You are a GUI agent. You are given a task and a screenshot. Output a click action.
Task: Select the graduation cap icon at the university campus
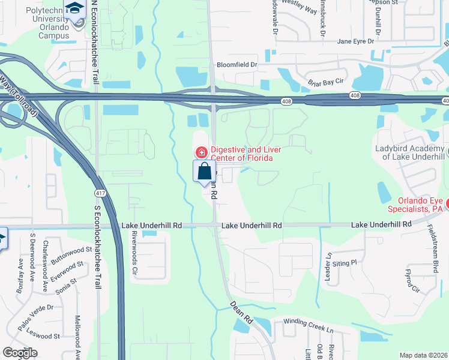(x=75, y=8)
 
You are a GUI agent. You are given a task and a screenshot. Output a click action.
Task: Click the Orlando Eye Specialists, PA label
(x=420, y=205)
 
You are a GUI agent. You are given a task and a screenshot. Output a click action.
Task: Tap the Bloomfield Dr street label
(x=237, y=64)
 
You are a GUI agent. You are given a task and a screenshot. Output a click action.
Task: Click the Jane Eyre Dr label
(x=355, y=41)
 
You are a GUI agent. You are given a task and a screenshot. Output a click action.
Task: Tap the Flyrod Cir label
(x=411, y=280)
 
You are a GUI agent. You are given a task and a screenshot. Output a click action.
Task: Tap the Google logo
(x=20, y=353)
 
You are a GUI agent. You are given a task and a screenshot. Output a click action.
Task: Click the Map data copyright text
(x=423, y=355)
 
